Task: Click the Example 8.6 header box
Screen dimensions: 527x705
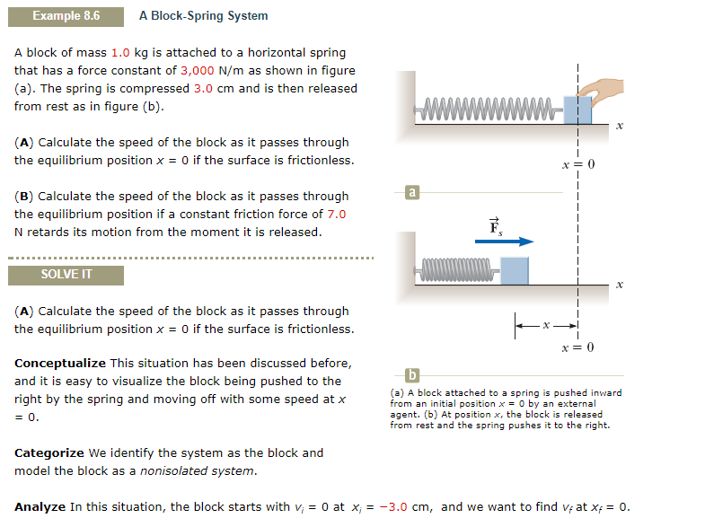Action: (x=66, y=16)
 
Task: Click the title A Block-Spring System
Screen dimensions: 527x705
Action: (x=203, y=16)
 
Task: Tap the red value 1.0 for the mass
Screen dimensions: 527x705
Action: (x=121, y=53)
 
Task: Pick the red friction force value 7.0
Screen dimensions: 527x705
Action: (x=337, y=214)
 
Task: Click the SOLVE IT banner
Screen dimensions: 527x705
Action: (x=66, y=275)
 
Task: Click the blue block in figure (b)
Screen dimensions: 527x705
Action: (x=515, y=270)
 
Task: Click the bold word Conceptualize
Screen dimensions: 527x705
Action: (x=60, y=364)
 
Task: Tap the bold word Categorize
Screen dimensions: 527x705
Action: (x=49, y=453)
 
